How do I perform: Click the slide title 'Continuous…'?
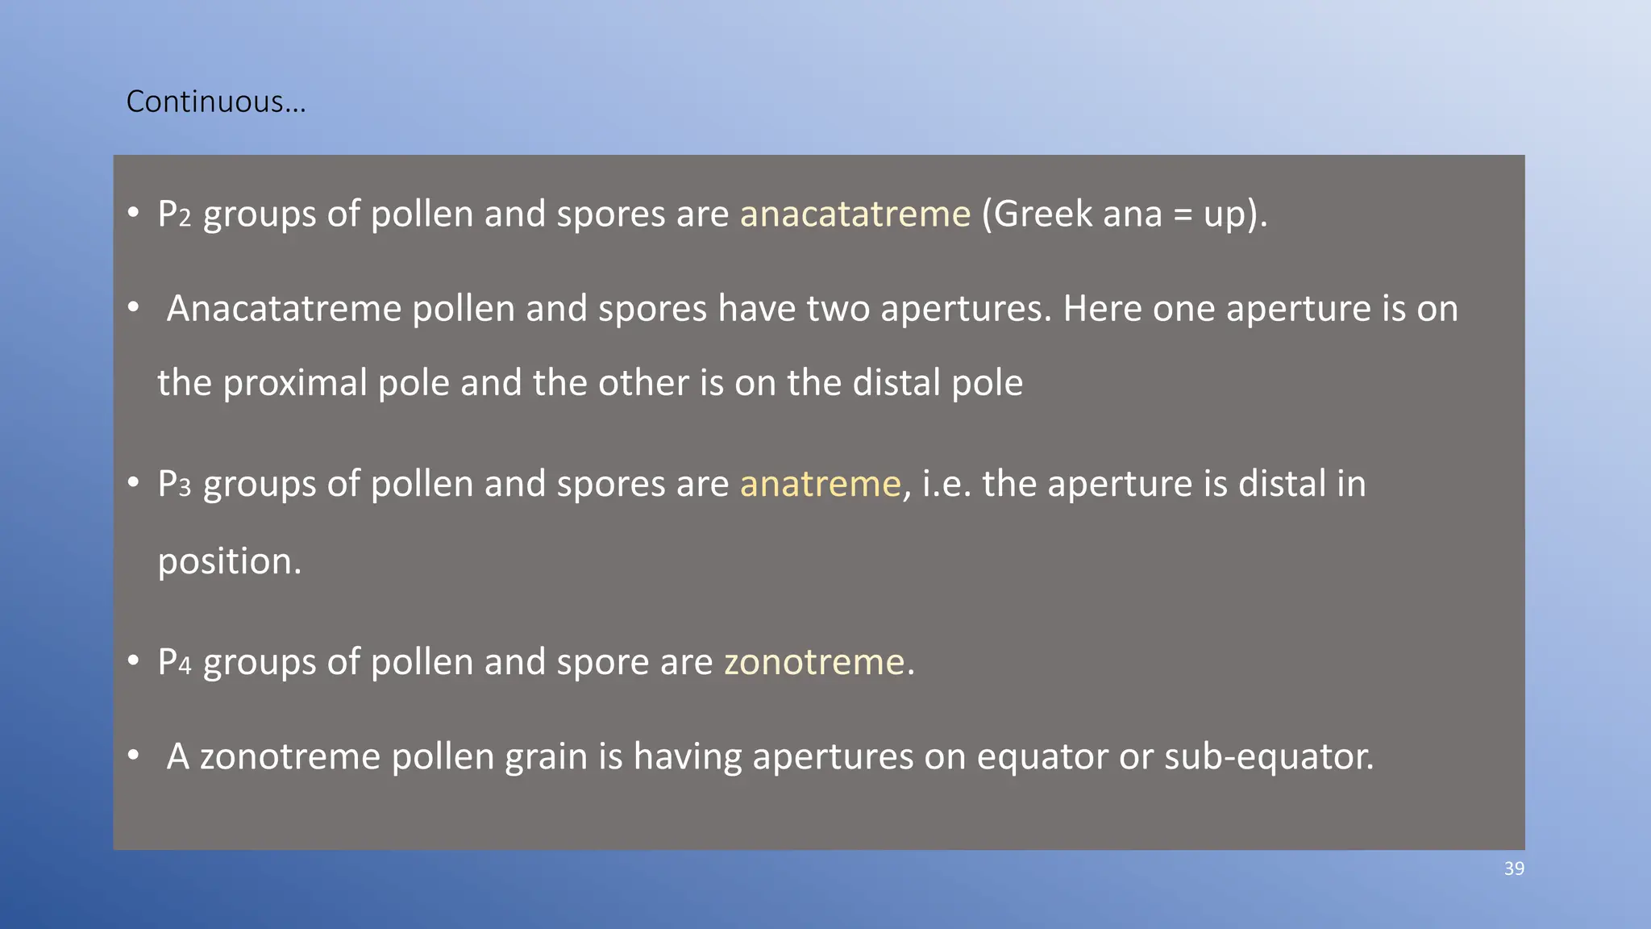pos(216,102)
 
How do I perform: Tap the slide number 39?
pos(1514,869)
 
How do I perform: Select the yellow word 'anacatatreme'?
pos(855,215)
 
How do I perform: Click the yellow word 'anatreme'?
pos(820,484)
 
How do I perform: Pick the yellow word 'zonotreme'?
pos(814,662)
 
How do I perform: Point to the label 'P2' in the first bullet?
pos(174,215)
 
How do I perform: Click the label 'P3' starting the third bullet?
pos(174,484)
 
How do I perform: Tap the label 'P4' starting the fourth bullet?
pos(174,662)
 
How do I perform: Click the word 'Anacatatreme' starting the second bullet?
pos(284,309)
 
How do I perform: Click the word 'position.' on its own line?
pos(229,561)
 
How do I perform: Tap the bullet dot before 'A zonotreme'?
pos(134,756)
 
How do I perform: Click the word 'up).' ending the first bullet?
pos(1235,215)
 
